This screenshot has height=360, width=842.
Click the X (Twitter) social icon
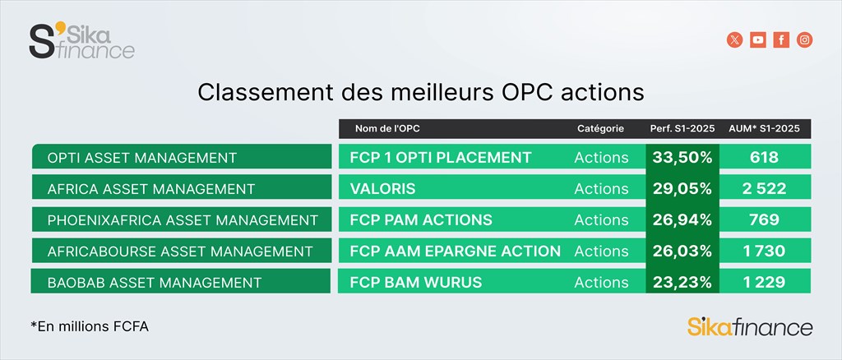point(734,39)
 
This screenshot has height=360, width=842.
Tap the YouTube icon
point(758,39)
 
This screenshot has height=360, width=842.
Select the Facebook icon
point(781,39)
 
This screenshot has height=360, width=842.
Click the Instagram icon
point(804,39)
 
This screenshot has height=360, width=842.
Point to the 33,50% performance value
point(682,157)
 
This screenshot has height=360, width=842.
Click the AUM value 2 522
point(765,188)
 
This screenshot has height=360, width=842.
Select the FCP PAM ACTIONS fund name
point(421,219)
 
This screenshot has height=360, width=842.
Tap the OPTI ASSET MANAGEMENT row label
point(141,158)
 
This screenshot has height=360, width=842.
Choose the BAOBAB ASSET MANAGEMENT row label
point(154,282)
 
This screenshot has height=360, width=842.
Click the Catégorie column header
point(600,129)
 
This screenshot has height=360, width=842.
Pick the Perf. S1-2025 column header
point(682,129)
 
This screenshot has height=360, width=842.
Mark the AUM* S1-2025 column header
point(764,129)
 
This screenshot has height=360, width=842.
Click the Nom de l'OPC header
point(387,129)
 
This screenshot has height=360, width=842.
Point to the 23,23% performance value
point(682,282)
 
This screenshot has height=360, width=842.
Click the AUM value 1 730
point(765,251)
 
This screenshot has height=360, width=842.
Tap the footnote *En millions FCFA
point(90,326)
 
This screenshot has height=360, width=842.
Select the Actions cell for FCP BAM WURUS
point(601,282)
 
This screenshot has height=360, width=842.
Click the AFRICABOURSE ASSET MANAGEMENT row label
point(180,251)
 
